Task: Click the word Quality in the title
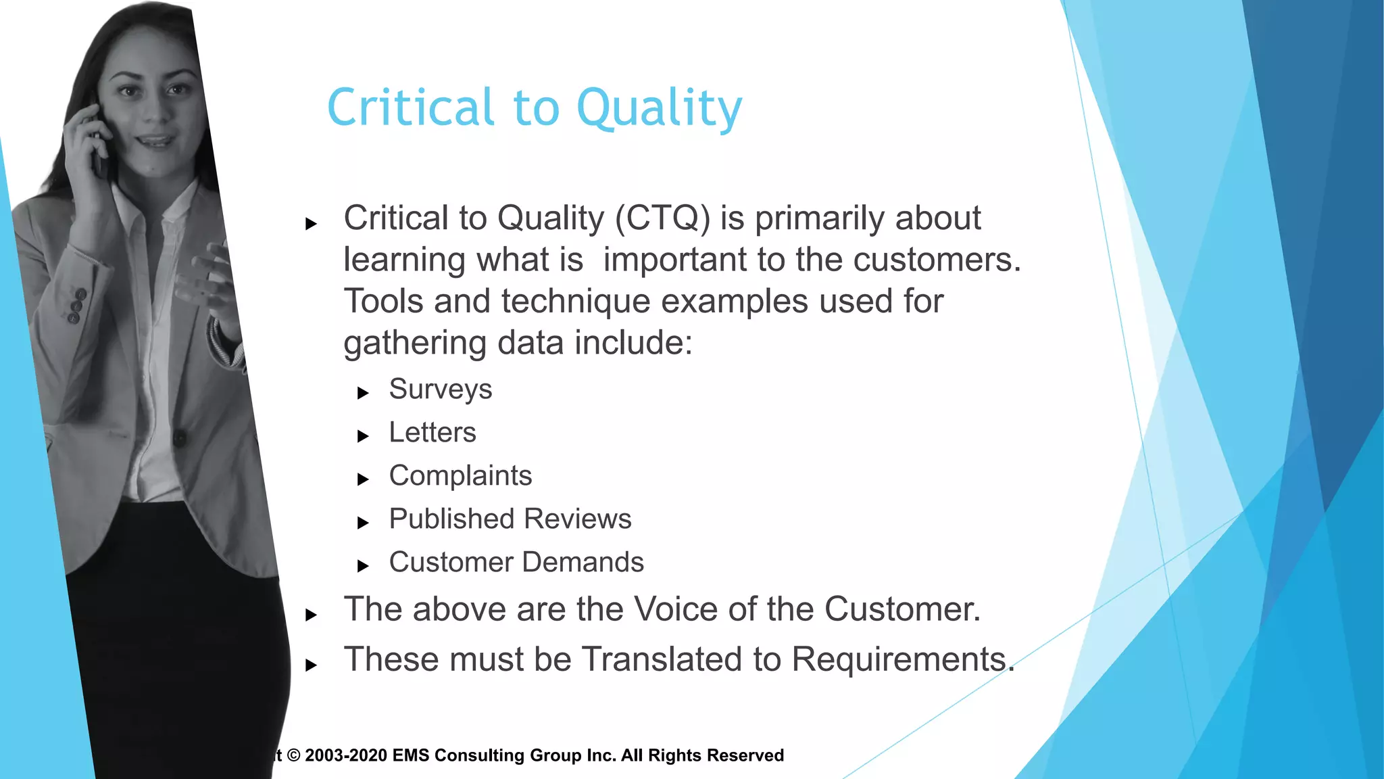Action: coord(659,108)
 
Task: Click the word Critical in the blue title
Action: coord(410,108)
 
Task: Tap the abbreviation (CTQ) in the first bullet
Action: coord(662,218)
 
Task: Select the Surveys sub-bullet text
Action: coord(440,389)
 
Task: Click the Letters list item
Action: coord(432,433)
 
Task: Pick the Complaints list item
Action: coord(460,476)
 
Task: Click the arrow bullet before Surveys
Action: coord(363,393)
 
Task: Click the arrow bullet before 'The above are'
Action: coord(311,615)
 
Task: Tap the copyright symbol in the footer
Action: coord(293,755)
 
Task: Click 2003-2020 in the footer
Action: coord(346,755)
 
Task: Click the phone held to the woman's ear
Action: coord(100,152)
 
